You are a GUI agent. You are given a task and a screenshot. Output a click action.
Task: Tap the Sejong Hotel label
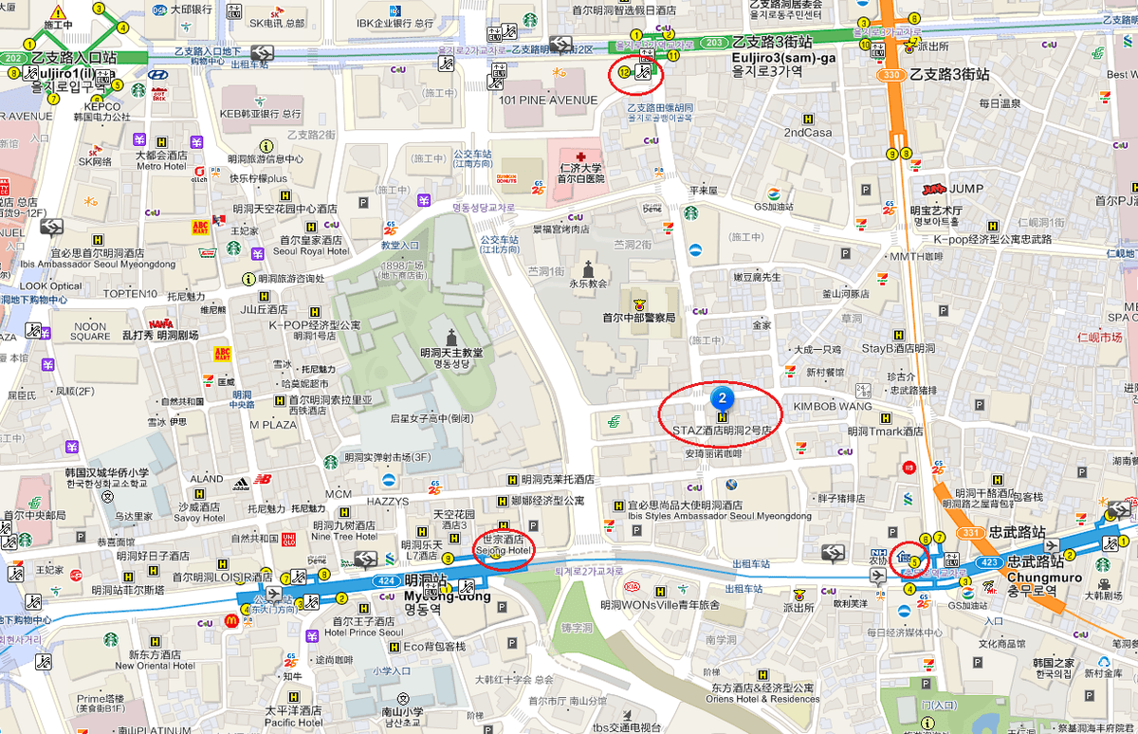click(x=504, y=549)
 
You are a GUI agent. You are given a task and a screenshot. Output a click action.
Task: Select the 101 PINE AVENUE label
click(x=535, y=100)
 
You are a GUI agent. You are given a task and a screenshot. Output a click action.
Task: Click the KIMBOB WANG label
click(x=832, y=406)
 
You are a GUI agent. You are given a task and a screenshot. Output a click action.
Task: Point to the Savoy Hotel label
click(x=199, y=519)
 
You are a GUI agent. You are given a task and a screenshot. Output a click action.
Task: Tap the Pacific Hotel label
click(x=293, y=723)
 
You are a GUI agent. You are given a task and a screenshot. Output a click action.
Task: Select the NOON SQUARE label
click(x=90, y=331)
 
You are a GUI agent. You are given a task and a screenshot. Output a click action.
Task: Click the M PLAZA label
click(x=274, y=425)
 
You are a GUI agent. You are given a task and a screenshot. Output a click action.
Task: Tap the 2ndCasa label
click(x=807, y=133)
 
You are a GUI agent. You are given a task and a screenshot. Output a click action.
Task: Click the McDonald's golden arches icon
click(x=229, y=620)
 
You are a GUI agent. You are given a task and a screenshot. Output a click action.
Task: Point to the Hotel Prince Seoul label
click(x=363, y=633)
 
